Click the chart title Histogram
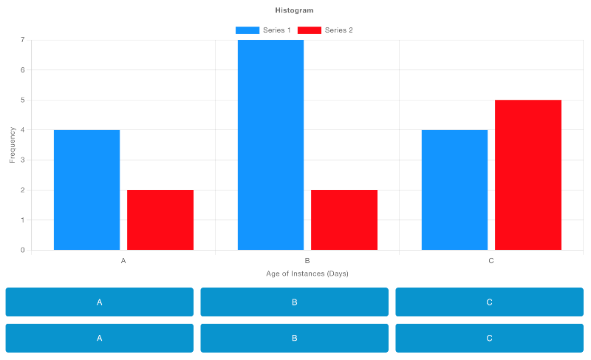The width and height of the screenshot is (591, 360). coord(294,10)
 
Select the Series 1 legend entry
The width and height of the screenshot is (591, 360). coord(263,30)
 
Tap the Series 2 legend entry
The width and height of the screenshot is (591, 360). coord(325,30)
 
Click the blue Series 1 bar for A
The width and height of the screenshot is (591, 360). coord(86,190)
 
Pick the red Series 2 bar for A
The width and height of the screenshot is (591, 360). coord(160,220)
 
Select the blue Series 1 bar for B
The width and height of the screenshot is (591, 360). coord(270,145)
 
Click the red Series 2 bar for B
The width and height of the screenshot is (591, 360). coord(344,220)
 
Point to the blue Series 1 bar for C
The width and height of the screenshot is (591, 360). coord(454,190)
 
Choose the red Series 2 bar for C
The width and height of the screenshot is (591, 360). coord(528,174)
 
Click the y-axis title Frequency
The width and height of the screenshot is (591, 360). coord(13,145)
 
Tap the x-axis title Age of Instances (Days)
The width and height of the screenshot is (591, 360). coord(307,274)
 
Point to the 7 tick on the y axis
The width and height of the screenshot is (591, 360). coord(23,40)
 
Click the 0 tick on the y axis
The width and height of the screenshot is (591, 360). coord(23,250)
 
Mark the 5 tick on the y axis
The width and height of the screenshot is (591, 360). coord(23,100)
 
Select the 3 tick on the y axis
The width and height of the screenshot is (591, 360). coord(23,160)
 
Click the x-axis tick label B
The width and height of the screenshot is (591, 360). coord(307,261)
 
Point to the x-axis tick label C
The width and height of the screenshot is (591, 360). coord(491,261)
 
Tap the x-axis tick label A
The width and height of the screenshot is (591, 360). coord(123,261)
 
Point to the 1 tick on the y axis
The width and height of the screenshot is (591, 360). coord(23,220)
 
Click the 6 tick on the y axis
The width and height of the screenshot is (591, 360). coord(23,70)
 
